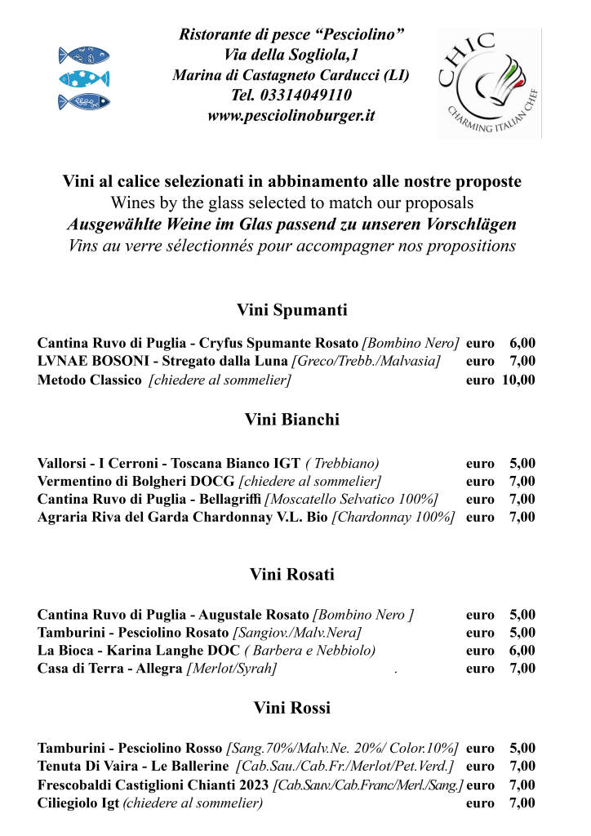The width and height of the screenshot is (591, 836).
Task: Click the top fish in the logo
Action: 84,56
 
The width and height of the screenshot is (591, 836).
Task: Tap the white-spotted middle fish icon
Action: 84,79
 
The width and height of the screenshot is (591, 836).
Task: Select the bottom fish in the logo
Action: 84,102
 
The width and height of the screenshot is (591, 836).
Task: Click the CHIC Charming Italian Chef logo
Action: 489,82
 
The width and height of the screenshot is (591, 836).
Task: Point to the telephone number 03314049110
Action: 291,96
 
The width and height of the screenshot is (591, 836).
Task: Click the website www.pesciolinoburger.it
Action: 291,116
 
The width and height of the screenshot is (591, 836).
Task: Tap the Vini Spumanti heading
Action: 291,310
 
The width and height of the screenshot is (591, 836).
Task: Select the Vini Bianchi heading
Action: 291,420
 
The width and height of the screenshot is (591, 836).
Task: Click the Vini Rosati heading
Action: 291,575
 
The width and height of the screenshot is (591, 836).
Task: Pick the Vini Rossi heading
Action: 291,707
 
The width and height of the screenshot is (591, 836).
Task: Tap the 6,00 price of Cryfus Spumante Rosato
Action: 522,344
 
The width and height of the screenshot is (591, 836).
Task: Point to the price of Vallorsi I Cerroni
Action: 522,464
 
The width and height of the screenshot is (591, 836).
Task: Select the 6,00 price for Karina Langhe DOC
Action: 522,651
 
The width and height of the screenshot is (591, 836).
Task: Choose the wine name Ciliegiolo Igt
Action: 78,803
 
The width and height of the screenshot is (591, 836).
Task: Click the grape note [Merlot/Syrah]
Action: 232,669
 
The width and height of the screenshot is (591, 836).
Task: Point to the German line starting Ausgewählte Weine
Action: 291,225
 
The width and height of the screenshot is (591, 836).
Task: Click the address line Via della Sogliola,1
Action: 291,55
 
